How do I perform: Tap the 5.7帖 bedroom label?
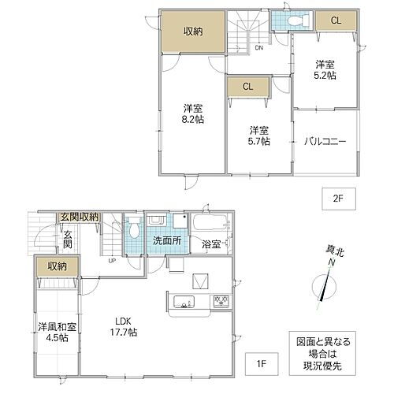(258, 136)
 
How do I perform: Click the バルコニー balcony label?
(323, 142)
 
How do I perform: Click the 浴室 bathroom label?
(210, 244)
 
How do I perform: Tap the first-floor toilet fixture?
(135, 230)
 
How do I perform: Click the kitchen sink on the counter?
(180, 300)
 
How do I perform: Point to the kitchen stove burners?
(220, 300)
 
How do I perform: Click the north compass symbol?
(323, 285)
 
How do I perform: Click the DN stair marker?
(258, 47)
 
